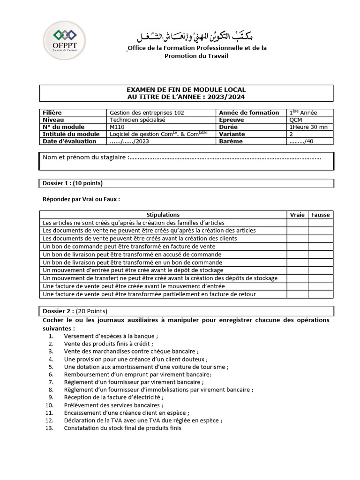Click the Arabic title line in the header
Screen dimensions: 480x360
tap(196, 37)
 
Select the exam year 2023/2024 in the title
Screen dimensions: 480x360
tap(227, 97)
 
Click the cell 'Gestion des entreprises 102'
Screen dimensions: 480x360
tap(146, 112)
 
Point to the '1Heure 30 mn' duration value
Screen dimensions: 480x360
tap(309, 127)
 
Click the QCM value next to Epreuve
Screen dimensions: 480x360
tap(296, 120)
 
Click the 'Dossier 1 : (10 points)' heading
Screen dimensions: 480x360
tap(73, 183)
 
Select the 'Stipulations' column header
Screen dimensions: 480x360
tap(163, 215)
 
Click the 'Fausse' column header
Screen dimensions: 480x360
tap(320, 215)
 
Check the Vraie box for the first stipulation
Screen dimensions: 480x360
tap(297, 223)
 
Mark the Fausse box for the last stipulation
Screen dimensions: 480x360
tap(320, 294)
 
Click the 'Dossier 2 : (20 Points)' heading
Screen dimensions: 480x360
tap(75, 311)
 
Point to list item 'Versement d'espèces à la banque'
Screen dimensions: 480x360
tap(111, 337)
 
